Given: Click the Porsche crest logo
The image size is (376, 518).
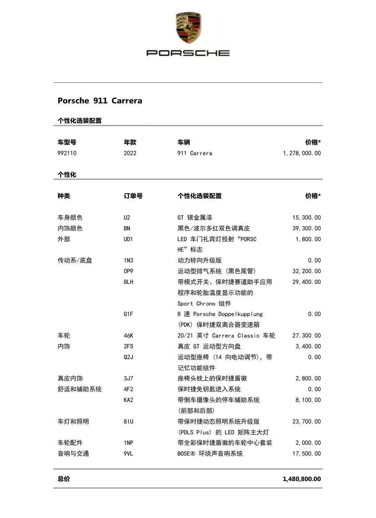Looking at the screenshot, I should (x=188, y=28).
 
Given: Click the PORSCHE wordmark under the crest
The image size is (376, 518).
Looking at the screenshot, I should (x=188, y=53).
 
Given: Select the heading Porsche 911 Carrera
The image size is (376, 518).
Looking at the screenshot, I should (x=100, y=101).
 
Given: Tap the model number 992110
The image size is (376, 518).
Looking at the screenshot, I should (x=67, y=153).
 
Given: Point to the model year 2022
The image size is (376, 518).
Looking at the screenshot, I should (x=130, y=153).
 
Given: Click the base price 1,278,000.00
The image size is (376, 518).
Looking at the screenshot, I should (x=301, y=153).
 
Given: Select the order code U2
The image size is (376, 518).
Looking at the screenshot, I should (x=127, y=218).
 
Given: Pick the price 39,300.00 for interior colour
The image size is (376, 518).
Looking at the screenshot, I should (x=306, y=228).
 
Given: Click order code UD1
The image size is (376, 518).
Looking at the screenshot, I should (x=128, y=239).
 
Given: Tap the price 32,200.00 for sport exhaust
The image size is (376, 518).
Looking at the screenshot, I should (x=306, y=271).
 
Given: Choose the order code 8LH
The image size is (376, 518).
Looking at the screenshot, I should (x=128, y=282).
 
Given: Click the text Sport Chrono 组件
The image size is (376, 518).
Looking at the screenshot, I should (x=204, y=304).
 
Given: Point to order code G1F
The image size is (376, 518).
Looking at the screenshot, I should (x=128, y=314).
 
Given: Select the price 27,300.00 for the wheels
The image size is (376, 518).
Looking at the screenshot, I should (x=306, y=336).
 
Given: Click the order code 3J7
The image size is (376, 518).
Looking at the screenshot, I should (x=128, y=378).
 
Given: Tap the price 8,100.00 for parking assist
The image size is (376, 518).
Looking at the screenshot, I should (x=308, y=400).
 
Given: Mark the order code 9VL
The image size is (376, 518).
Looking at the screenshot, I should (x=128, y=454).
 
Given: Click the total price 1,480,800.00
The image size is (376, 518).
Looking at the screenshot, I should (x=301, y=479).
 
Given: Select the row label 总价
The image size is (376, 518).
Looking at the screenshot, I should (x=64, y=479).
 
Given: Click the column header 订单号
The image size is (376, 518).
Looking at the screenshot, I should (x=133, y=196).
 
